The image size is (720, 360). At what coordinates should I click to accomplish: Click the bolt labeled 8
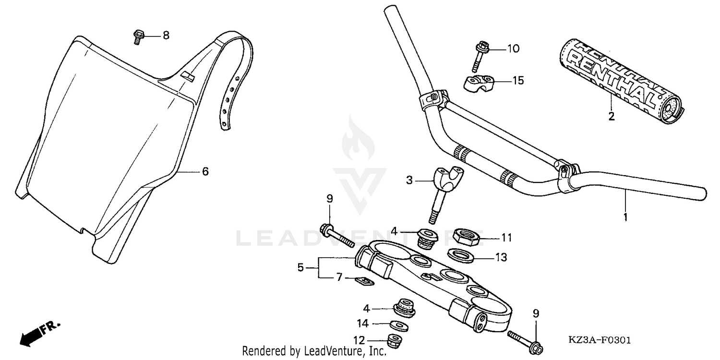(x=137, y=36)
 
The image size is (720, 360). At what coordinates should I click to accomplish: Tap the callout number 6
(x=205, y=171)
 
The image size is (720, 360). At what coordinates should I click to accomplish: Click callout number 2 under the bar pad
(x=612, y=116)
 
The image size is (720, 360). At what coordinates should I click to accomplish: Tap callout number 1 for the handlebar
(x=625, y=217)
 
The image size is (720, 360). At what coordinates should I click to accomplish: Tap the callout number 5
(x=300, y=267)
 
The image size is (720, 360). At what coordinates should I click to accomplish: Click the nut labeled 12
(x=395, y=341)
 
